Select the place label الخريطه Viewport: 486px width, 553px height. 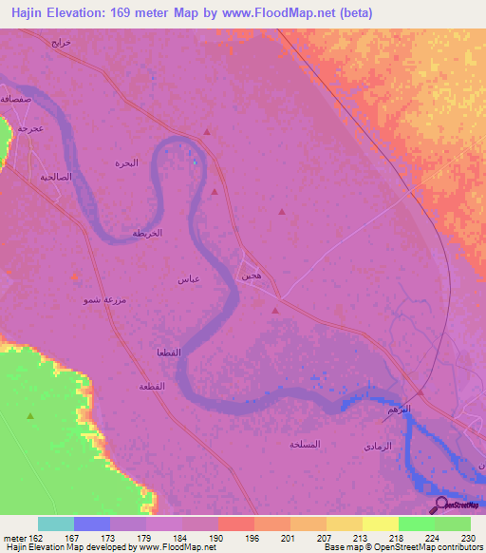[147, 233]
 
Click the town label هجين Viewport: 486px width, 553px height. [252, 275]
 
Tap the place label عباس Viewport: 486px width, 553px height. [187, 279]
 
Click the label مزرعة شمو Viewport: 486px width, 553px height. [102, 299]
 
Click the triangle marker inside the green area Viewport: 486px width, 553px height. [30, 415]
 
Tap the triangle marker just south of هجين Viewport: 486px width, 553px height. [275, 310]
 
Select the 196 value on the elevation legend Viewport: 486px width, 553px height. [252, 537]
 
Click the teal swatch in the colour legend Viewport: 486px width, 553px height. [56, 524]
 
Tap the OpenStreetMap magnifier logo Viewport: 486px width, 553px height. [439, 505]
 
